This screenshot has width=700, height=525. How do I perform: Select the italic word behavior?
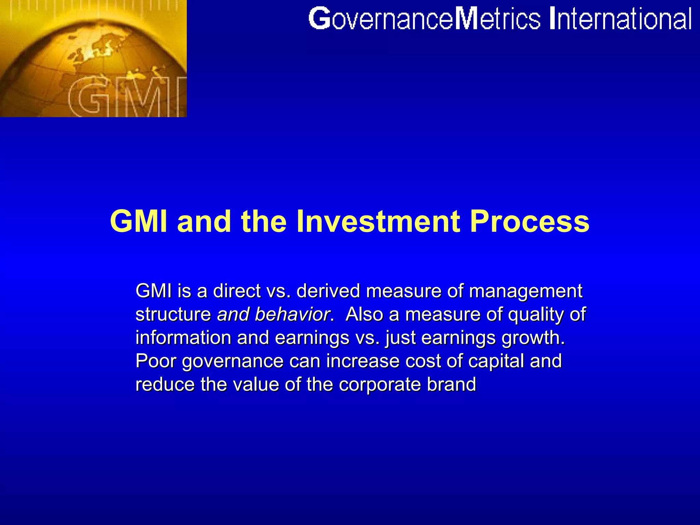point(292,314)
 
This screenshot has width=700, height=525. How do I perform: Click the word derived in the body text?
point(328,291)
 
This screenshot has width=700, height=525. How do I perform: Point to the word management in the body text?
point(525,291)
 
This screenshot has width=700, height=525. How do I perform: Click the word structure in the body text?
point(173,314)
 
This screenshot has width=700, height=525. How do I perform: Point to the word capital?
point(496,361)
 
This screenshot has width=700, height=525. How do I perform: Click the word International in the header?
point(620,19)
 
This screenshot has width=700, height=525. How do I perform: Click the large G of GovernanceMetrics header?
point(319,19)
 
